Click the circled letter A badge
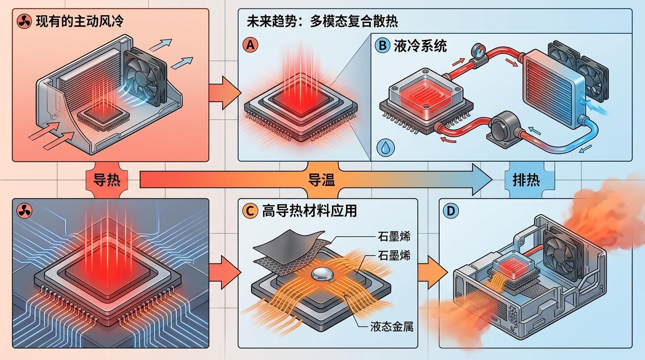point(250,45)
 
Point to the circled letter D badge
point(451,211)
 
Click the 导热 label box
point(106,180)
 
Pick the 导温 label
point(322,181)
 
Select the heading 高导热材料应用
point(307,211)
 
